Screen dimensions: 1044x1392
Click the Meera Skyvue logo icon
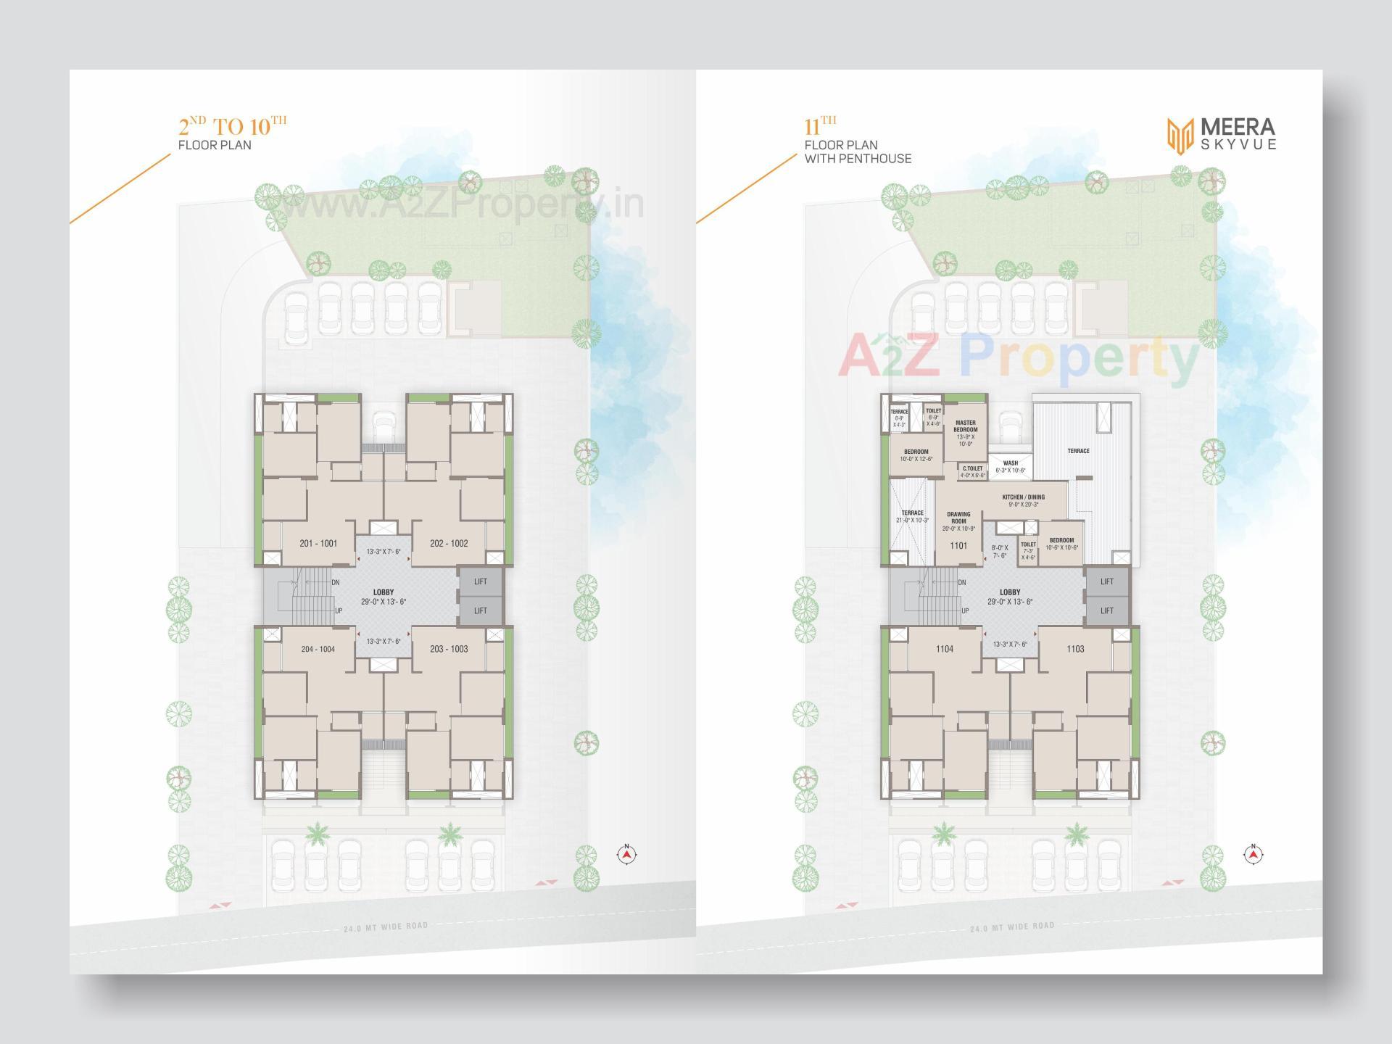(1180, 136)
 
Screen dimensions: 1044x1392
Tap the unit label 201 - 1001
(318, 544)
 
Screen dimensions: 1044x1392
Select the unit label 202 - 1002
(449, 544)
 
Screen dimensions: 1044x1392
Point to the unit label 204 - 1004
(318, 650)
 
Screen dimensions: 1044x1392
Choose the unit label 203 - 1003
(449, 650)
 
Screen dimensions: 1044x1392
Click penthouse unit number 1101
(958, 546)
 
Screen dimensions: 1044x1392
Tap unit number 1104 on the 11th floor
(944, 650)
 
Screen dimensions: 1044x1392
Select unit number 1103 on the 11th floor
(1075, 650)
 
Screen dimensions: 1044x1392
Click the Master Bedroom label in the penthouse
(966, 426)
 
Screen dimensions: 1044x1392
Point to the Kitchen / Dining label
(1024, 497)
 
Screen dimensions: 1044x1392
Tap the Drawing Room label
(958, 518)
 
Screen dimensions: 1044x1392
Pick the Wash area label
(1011, 463)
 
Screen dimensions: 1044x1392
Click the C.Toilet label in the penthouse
(972, 468)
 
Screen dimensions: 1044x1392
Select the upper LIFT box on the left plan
(481, 582)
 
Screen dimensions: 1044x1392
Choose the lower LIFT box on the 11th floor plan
(1107, 611)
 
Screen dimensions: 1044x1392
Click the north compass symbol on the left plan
(627, 854)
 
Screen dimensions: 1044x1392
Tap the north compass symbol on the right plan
(1254, 854)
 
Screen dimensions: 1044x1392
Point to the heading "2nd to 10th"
(232, 126)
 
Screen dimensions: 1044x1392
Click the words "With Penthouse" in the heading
(858, 159)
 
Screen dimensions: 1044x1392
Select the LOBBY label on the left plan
(384, 593)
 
